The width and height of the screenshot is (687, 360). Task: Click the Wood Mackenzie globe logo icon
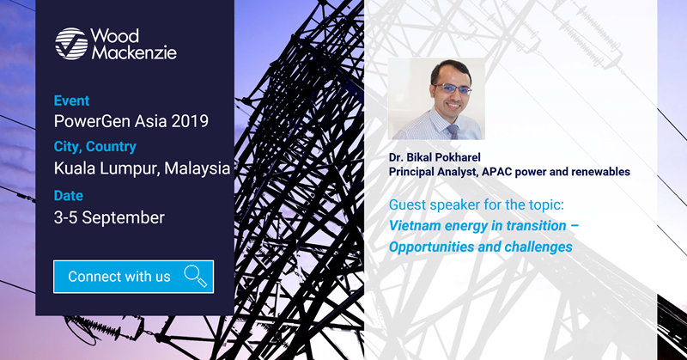(x=71, y=44)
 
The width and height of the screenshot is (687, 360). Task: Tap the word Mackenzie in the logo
(x=134, y=52)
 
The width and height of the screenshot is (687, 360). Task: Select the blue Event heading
(x=71, y=101)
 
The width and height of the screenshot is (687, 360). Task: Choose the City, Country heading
(x=95, y=146)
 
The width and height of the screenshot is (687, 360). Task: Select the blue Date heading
(x=69, y=196)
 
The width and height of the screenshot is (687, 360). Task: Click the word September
(x=124, y=218)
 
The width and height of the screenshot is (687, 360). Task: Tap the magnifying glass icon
(x=196, y=277)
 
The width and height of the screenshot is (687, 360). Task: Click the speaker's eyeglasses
(x=452, y=88)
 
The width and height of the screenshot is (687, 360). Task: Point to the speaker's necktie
(x=453, y=131)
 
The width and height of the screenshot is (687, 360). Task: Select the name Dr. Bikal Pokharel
(x=435, y=157)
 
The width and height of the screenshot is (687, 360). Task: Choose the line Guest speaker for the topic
(x=477, y=204)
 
